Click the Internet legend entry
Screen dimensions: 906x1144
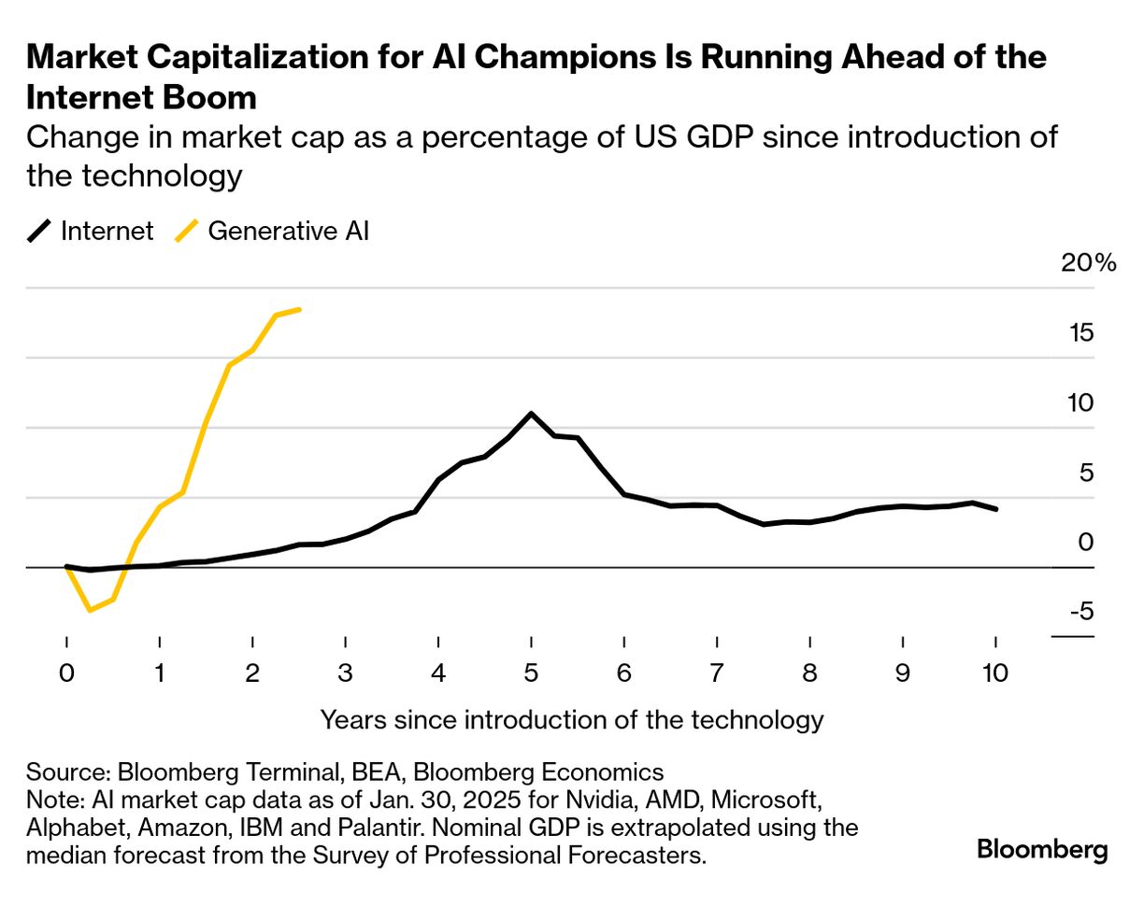[91, 231]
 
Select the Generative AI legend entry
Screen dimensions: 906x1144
[272, 231]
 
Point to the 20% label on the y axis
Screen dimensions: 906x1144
[1089, 263]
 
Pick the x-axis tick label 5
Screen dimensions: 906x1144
[531, 673]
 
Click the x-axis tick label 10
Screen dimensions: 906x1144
[995, 673]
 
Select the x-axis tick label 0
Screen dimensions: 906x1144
[66, 673]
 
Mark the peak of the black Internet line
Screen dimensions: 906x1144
[531, 414]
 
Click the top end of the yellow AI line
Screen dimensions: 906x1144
[299, 309]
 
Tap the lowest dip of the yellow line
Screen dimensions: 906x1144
[90, 610]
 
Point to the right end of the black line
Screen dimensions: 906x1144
[996, 509]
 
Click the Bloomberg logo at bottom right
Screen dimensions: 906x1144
[1042, 850]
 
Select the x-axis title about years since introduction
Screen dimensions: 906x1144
[571, 720]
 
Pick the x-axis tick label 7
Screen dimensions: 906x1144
[717, 673]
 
